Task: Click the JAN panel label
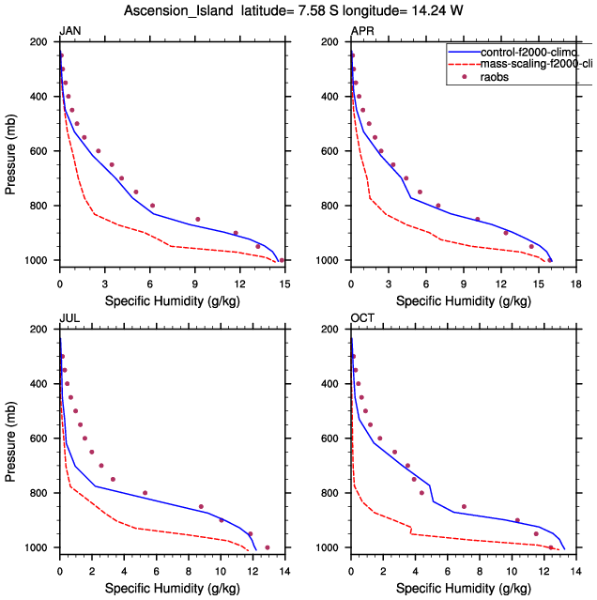click(69, 32)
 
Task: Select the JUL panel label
click(69, 319)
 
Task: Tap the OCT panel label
click(361, 319)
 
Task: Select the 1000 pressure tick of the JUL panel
click(38, 547)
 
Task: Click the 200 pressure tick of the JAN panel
click(41, 42)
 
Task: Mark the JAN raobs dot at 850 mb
click(198, 219)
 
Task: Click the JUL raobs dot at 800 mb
click(145, 493)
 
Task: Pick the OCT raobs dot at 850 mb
click(464, 506)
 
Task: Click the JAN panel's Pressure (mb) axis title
click(10, 150)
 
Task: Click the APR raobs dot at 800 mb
click(438, 206)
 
